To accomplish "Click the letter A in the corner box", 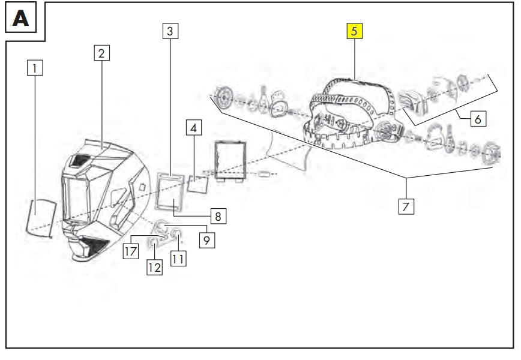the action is coord(20,18).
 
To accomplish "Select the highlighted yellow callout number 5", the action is coord(355,31).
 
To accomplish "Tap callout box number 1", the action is coord(35,68).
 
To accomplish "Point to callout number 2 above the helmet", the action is coord(101,53).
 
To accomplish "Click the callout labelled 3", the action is coord(170,31).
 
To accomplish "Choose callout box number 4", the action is coord(194,128).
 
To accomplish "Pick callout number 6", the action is coord(478,119).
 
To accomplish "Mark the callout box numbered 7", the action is coord(406,206).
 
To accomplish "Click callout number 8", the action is coord(218,216).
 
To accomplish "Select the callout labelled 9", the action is coord(207,240).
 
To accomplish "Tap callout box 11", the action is coord(178,259).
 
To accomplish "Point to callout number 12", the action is coord(154,268).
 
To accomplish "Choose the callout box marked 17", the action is coord(131,251).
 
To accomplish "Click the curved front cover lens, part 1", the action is coord(41,218).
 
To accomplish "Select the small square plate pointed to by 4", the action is coord(197,184).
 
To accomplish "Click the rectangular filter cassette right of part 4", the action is coord(230,161).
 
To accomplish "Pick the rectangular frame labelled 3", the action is coord(170,192).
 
